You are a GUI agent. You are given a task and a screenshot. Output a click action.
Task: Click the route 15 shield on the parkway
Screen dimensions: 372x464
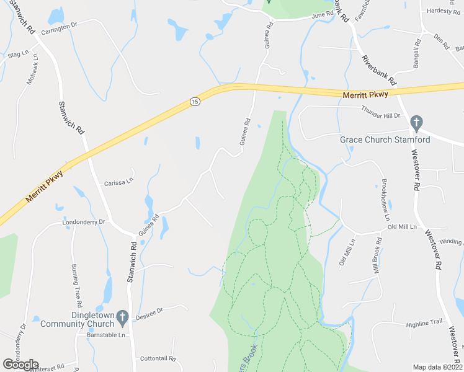[x=195, y=102]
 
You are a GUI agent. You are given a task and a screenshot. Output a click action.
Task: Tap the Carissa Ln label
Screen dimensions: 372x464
[x=118, y=182]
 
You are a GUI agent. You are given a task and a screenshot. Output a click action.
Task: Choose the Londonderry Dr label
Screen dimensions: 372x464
[x=84, y=221]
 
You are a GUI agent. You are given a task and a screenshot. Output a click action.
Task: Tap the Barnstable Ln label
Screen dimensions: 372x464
[x=102, y=334]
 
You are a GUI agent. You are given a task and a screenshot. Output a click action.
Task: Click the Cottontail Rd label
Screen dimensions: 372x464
[x=159, y=358]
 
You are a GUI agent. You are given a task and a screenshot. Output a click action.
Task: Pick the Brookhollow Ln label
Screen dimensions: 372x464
[x=385, y=200]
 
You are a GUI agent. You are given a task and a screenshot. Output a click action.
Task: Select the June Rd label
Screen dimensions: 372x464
[x=323, y=15]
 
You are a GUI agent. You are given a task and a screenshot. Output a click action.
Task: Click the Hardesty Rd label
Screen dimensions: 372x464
[x=442, y=11]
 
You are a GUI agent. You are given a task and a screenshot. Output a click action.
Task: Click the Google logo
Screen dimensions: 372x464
[x=20, y=365]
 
